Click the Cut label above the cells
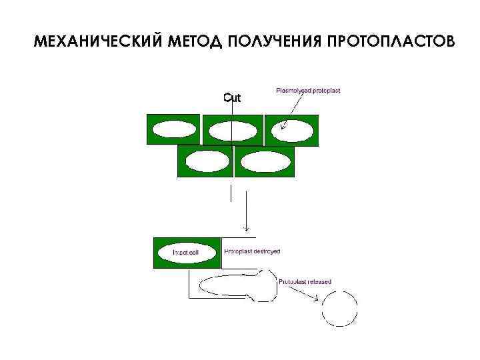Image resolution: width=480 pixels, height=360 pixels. (x=232, y=98)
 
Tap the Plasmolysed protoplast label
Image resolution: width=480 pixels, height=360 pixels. (x=308, y=90)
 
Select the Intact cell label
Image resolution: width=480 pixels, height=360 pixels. (x=186, y=253)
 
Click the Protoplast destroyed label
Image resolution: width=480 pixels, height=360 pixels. (x=252, y=252)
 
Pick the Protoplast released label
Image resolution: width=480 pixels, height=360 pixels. (x=305, y=281)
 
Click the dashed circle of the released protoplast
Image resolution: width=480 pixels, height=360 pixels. (x=340, y=309)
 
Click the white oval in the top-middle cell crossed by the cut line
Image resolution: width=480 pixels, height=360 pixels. (x=232, y=131)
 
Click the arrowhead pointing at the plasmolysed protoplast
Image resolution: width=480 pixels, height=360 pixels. (x=283, y=125)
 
